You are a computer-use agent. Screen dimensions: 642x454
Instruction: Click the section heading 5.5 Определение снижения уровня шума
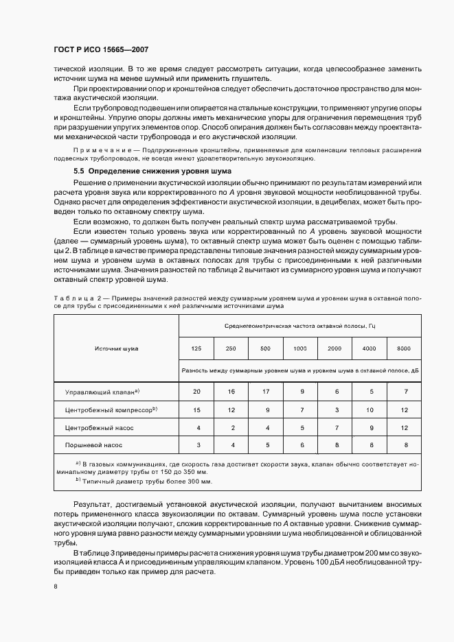(x=152, y=170)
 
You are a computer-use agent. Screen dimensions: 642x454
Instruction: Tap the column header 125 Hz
(x=196, y=348)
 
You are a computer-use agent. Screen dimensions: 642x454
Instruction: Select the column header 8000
(x=404, y=348)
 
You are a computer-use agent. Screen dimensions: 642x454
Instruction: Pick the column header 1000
(x=300, y=348)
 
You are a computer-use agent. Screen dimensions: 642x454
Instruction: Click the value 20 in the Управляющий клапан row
(x=196, y=391)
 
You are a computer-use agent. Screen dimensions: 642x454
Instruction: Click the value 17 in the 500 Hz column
(x=265, y=391)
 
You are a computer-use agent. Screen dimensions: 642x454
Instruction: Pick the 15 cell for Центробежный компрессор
(x=196, y=409)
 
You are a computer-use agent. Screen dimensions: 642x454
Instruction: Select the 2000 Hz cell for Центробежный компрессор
(x=334, y=409)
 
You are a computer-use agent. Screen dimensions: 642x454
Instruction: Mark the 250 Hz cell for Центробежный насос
(x=231, y=427)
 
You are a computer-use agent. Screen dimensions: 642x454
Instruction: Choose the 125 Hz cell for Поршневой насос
(x=196, y=445)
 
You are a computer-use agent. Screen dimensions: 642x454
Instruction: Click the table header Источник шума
(x=116, y=348)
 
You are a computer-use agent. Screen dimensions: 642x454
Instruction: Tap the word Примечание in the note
(x=97, y=150)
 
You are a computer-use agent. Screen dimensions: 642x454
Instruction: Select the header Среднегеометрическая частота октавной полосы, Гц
(x=299, y=327)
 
